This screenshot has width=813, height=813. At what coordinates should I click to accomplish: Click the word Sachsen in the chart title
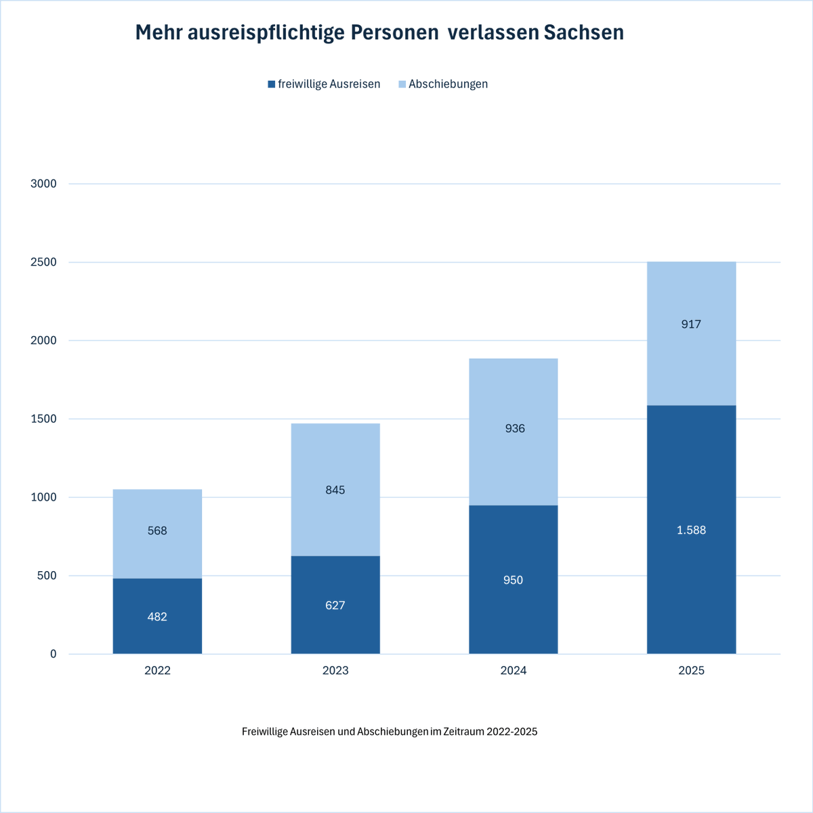click(583, 33)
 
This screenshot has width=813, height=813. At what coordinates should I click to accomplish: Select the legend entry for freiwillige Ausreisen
click(324, 84)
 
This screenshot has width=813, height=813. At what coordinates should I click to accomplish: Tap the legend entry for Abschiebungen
click(442, 84)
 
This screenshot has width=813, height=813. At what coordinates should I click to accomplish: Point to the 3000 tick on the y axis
click(44, 184)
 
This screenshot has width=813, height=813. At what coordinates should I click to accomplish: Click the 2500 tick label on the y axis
click(44, 262)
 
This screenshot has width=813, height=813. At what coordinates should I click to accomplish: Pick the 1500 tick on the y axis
click(44, 419)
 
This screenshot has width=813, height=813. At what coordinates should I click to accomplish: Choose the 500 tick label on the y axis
click(47, 576)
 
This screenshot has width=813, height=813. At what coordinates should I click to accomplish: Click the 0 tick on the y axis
click(53, 654)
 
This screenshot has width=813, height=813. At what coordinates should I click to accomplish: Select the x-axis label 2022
click(157, 671)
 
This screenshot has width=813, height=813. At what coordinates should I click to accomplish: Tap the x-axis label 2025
click(691, 671)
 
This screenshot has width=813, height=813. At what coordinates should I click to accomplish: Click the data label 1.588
click(691, 530)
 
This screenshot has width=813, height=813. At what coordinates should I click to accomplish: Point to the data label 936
click(515, 428)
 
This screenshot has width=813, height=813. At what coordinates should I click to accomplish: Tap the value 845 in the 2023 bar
click(335, 490)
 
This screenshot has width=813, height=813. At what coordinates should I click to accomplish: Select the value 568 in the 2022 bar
click(157, 530)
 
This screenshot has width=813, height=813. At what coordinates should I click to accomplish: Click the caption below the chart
click(390, 732)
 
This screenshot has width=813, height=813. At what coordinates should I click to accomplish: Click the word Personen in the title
click(394, 33)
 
